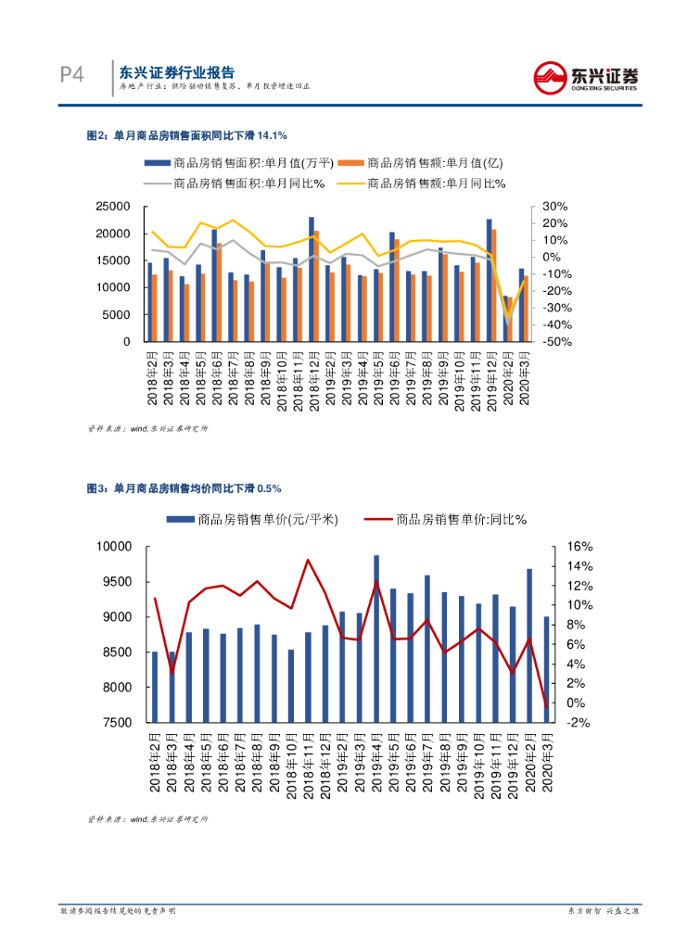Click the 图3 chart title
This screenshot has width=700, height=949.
(184, 487)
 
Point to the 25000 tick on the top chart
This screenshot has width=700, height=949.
(112, 207)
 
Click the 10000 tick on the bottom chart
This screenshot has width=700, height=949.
(117, 547)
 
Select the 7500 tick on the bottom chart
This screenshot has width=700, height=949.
(121, 722)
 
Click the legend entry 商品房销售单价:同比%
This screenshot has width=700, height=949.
(446, 520)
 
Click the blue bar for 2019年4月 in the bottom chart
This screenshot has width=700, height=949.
(376, 639)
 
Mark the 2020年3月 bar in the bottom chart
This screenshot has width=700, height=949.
(546, 669)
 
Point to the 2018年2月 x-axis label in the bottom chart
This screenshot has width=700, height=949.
(155, 764)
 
